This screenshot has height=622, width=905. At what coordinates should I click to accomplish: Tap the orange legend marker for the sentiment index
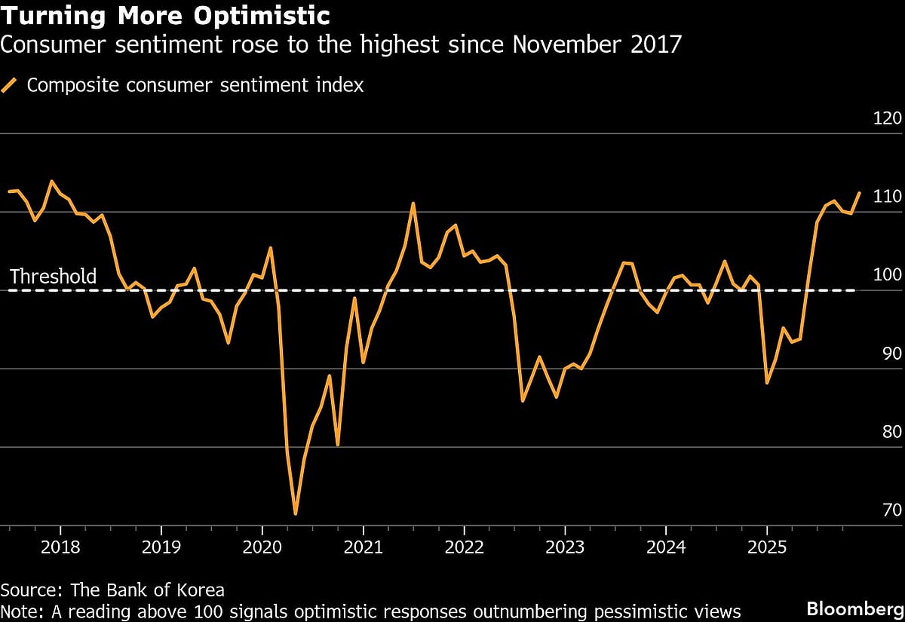[10, 85]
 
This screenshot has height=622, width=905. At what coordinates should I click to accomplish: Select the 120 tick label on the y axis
[886, 118]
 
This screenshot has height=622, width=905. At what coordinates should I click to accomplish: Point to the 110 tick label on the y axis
[886, 197]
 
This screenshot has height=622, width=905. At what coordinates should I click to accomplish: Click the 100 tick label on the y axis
[886, 275]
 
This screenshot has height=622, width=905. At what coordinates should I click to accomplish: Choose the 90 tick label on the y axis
[886, 354]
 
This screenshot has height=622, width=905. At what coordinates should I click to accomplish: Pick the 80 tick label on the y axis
[886, 432]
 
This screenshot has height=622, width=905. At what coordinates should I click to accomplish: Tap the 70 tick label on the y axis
[886, 510]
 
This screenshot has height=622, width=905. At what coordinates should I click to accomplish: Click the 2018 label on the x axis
[60, 546]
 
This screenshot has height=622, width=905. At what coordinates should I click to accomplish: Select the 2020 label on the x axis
[262, 546]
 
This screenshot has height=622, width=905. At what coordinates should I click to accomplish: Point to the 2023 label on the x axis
[565, 546]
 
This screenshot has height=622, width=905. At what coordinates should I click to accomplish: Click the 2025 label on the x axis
[766, 546]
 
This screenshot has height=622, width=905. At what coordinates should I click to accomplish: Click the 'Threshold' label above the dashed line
[53, 277]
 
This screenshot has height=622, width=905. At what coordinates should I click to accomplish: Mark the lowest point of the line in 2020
[296, 514]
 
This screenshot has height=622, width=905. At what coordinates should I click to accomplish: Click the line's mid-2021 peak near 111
[413, 203]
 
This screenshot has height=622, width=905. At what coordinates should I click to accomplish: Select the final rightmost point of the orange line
[860, 193]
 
